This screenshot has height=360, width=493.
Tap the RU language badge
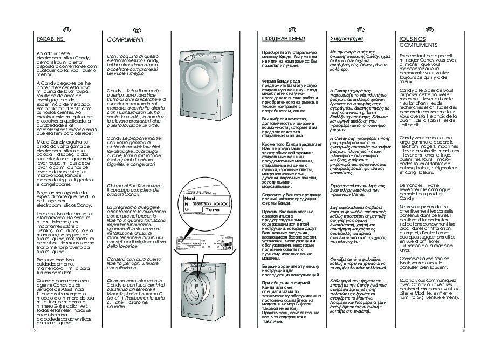[292, 29]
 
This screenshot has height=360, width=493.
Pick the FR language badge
[429, 29]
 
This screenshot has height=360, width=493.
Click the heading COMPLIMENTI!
[125, 40]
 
